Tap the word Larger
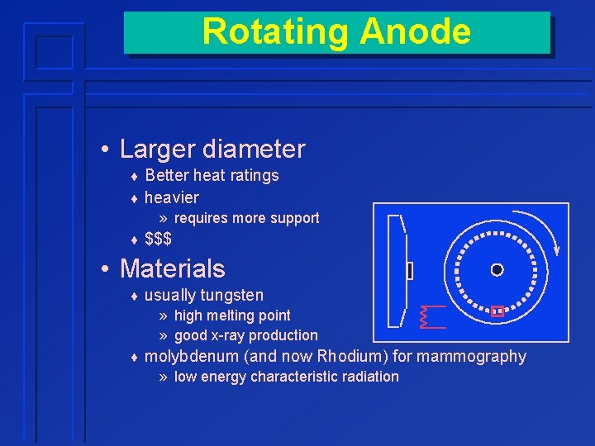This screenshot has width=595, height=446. pos(155,149)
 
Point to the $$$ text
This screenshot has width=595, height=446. pos(158,240)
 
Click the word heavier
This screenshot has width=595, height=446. pos(171,197)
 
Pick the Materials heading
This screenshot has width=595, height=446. pos(172,268)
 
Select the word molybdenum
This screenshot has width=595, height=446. pos(191,356)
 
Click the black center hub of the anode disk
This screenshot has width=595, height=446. pos(497,269)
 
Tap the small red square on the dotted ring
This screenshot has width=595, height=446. pos(497,311)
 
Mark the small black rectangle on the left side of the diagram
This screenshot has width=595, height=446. pos(409,270)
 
